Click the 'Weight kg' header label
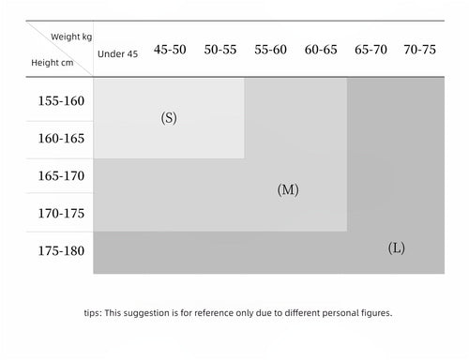point(71,37)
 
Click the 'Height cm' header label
point(53,63)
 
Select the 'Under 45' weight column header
point(117,54)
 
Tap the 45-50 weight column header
point(170,50)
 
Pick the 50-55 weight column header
point(220,50)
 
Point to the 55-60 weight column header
point(270,50)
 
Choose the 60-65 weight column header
point(321,50)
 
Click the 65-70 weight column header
point(371,50)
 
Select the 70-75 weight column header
point(419,50)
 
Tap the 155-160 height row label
point(61,101)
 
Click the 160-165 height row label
point(61,139)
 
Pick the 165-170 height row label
point(61,176)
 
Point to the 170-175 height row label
point(61,214)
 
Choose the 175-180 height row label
point(61,251)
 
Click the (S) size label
point(169,118)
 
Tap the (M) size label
point(288,189)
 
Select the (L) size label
point(397,248)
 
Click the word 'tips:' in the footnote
point(93,313)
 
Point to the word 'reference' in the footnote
point(214,313)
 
